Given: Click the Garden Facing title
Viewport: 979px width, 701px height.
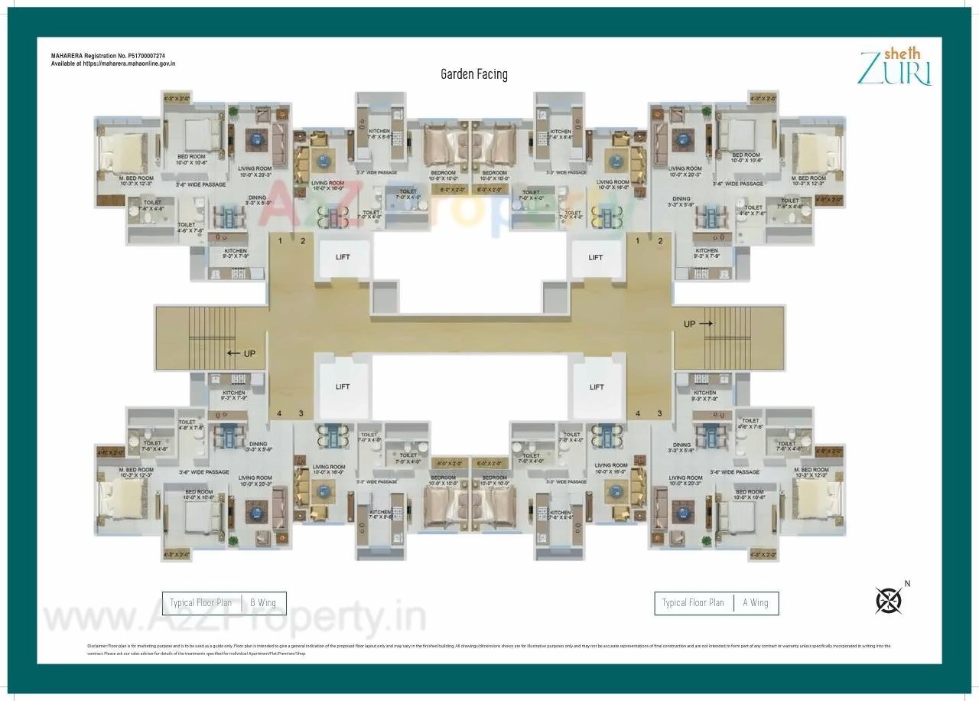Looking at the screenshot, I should pos(473,74).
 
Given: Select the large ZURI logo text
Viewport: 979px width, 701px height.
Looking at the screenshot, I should pos(895,69).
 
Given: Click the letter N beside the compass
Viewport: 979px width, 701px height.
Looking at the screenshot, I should pos(907,584).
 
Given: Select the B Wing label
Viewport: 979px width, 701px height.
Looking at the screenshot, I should pos(263,603).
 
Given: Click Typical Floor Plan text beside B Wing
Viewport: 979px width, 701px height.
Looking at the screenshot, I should pos(200,603).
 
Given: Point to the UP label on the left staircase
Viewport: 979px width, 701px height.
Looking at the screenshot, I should pos(249,354).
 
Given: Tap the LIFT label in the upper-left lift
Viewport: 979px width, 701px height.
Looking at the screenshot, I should pos(343,257).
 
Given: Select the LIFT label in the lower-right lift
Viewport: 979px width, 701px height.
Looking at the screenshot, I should pos(597,387).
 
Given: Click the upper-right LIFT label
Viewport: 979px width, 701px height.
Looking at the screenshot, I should pos(596,258).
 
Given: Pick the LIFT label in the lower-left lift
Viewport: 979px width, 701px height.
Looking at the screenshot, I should pos(343,387).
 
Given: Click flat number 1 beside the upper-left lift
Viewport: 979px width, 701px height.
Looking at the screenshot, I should pos(281,242).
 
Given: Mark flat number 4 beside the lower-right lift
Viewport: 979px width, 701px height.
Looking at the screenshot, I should pos(637,414).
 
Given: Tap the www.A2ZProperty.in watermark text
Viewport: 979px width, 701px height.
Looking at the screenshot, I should pos(233,617).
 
